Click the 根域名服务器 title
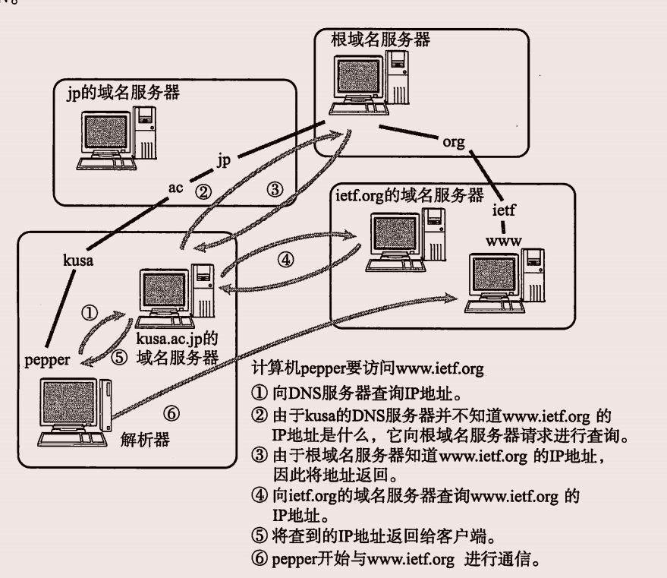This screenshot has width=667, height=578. coord(380,39)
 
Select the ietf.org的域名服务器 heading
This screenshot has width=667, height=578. coord(409,196)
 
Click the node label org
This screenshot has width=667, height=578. coord(454,141)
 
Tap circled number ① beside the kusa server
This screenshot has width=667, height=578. coord(90,311)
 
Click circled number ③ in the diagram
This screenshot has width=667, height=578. coord(275,189)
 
